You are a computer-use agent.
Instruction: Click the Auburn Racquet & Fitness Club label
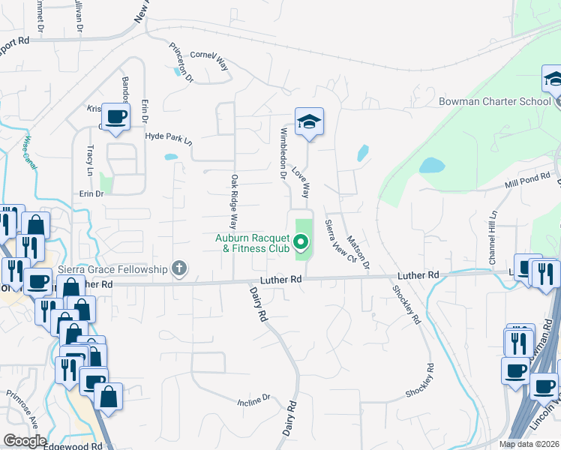pyautogui.click(x=252, y=241)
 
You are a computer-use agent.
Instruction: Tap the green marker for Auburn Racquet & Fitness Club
pyautogui.click(x=301, y=241)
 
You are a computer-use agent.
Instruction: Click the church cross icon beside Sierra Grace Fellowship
pyautogui.click(x=178, y=268)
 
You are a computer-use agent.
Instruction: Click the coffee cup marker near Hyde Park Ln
pyautogui.click(x=115, y=117)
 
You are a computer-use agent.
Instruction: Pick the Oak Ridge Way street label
pyautogui.click(x=235, y=202)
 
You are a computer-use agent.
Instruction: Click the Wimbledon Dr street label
pyautogui.click(x=283, y=153)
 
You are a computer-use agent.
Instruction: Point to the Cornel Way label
pyautogui.click(x=208, y=58)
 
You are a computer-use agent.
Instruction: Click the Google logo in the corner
pyautogui.click(x=25, y=441)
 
